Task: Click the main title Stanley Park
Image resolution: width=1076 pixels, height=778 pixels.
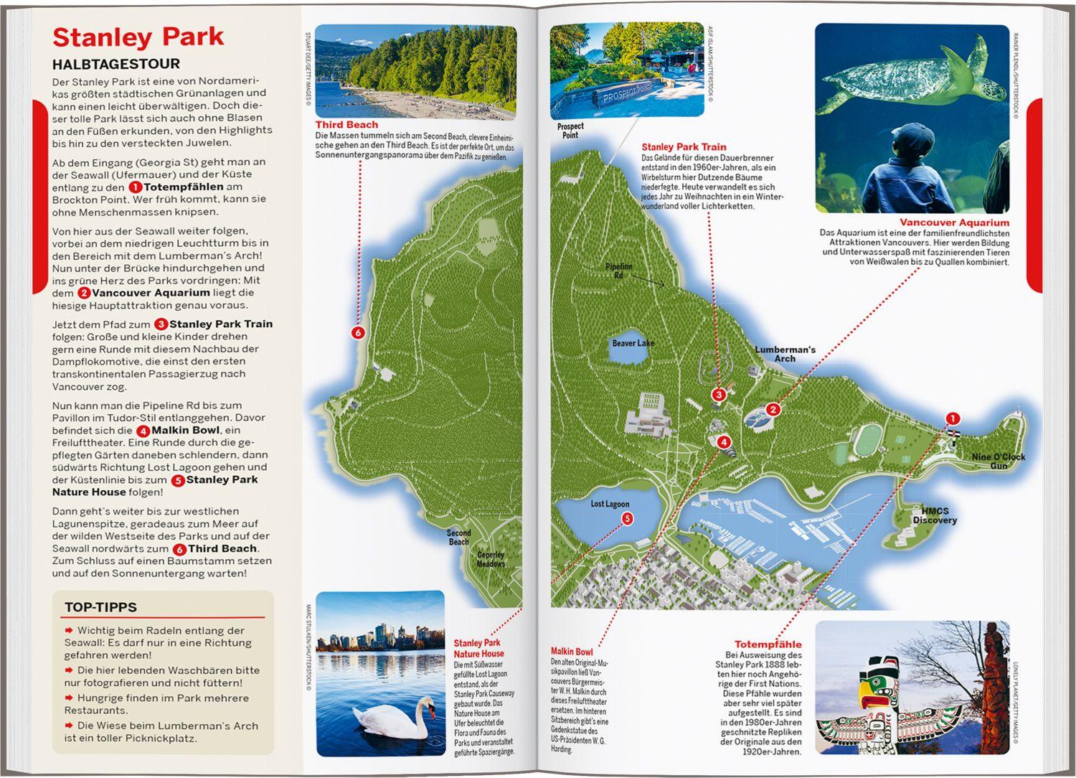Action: (138, 37)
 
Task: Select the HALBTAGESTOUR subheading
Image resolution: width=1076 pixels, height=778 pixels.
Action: (115, 64)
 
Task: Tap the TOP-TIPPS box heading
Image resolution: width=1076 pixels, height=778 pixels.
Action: (100, 607)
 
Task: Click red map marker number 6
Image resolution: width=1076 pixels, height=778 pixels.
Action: (358, 332)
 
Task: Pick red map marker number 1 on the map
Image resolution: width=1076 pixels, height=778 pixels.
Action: (953, 418)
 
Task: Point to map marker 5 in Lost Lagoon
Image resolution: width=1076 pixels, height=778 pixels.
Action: (627, 518)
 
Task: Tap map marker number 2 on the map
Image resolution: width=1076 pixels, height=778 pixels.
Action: (773, 410)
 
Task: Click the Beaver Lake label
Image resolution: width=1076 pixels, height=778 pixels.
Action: (633, 343)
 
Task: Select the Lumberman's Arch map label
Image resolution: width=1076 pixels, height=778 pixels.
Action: (785, 354)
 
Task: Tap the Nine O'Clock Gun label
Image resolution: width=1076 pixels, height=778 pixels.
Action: (999, 461)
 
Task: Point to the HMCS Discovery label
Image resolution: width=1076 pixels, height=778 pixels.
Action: (934, 515)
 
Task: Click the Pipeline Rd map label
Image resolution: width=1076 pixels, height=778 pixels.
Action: (618, 271)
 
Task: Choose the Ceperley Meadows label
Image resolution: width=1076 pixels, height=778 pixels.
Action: (491, 559)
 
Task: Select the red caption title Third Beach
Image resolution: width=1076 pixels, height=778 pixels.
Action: (346, 125)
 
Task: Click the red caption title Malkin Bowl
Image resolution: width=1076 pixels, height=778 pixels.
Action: (572, 652)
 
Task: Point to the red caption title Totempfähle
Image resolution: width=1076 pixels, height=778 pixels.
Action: (768, 644)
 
